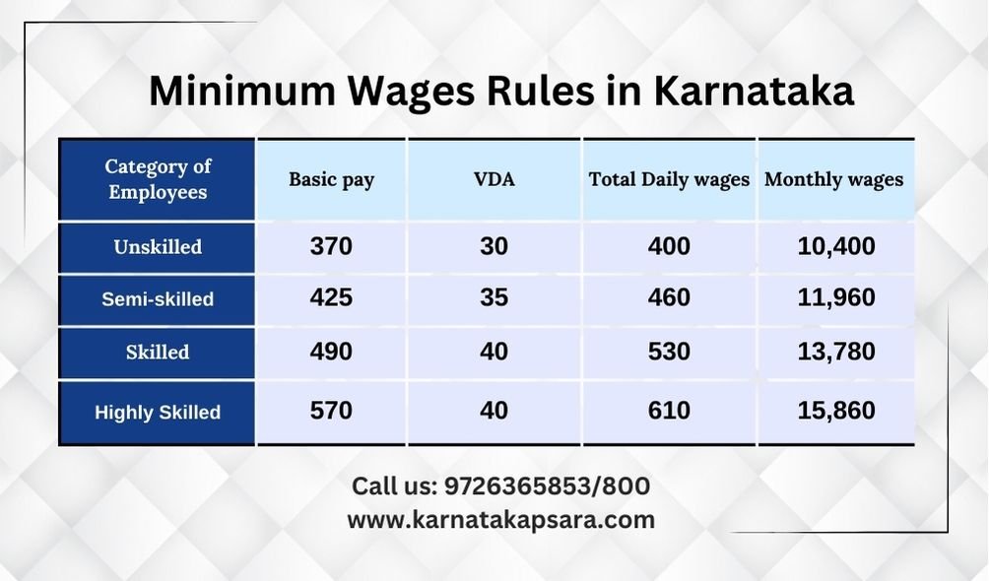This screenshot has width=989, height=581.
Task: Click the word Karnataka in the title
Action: tap(754, 91)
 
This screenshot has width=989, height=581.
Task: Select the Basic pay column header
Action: tap(332, 180)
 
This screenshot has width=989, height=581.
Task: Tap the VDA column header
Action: tap(494, 179)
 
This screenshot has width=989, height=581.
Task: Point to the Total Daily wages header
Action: tap(669, 180)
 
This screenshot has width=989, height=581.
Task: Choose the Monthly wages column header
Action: tap(833, 180)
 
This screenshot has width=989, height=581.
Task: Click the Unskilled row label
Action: tap(158, 246)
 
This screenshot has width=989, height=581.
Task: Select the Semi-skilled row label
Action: tap(158, 299)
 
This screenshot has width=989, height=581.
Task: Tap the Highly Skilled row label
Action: tap(158, 413)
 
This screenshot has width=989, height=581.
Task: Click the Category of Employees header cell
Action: tap(158, 179)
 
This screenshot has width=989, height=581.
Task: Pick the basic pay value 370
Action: tap(331, 246)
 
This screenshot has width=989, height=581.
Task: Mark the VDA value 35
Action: tap(494, 297)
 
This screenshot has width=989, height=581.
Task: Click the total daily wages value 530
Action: tap(669, 352)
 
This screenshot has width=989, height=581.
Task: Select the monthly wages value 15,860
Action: tap(836, 411)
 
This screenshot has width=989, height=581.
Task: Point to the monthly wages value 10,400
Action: tap(836, 246)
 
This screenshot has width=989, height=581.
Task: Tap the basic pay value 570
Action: tap(331, 411)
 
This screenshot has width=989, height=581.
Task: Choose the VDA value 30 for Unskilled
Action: tap(494, 246)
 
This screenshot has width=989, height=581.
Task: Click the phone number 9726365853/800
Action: tap(547, 486)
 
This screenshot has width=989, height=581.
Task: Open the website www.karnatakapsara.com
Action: tap(500, 521)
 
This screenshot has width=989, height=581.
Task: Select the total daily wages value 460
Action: tap(669, 297)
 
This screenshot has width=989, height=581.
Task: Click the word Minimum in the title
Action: tap(242, 91)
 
